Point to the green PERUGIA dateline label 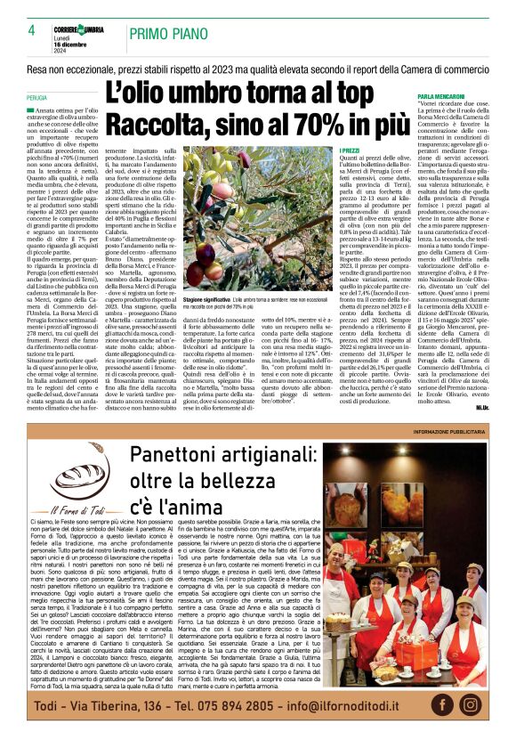[36, 98]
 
